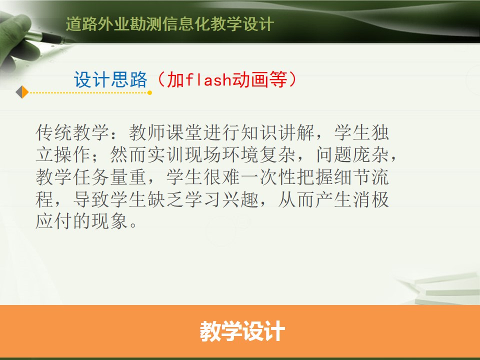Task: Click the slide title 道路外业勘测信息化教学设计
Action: [169, 24]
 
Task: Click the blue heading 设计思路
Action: [110, 79]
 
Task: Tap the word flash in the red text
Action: [208, 79]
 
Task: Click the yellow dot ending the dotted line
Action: [149, 92]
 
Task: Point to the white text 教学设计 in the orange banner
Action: [242, 331]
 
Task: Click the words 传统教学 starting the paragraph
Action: [72, 132]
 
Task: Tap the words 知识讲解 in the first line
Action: [278, 132]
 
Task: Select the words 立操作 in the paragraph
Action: [63, 154]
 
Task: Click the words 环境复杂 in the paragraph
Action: [259, 154]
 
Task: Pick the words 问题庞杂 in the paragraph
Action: [352, 154]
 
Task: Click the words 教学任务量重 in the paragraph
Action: [91, 177]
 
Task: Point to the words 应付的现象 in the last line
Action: [81, 221]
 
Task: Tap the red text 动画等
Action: [260, 79]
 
